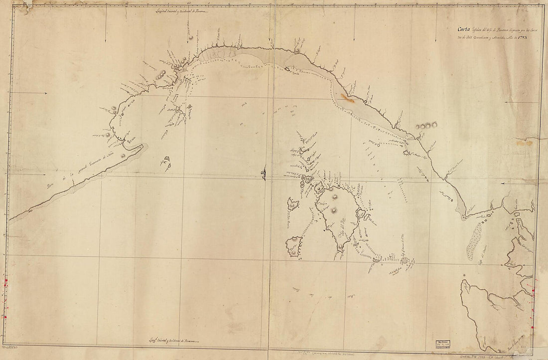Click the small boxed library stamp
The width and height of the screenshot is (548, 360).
point(440,347)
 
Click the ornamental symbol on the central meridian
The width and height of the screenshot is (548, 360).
point(263,174)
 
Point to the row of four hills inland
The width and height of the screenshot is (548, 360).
point(425,126)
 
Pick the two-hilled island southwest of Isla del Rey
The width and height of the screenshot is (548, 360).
point(294,246)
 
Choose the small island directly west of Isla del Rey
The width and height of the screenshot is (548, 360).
point(293,203)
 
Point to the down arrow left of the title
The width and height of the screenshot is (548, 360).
point(354,38)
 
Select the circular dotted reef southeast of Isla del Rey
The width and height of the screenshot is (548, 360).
point(405,260)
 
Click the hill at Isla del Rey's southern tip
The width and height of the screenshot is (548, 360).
point(341,246)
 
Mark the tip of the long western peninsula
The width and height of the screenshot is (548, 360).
point(142,147)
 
